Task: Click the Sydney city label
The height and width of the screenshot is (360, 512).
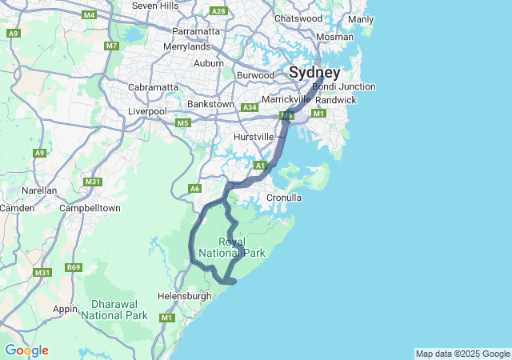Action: click(314, 72)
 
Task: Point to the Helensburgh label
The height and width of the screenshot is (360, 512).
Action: click(185, 296)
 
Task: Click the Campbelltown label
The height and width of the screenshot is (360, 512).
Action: click(90, 208)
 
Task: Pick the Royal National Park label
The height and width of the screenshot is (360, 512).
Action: click(231, 247)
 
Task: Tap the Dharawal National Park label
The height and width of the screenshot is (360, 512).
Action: click(119, 310)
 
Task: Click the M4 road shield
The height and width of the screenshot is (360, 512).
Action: click(90, 15)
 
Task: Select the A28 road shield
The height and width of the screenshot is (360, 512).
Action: click(218, 11)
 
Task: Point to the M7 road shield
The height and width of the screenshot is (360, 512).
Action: click(111, 46)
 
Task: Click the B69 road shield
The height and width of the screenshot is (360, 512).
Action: click(74, 267)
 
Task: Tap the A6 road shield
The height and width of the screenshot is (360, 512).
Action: click(194, 189)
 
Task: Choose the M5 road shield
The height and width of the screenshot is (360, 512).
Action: click(183, 123)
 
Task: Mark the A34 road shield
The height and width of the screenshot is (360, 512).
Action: click(250, 107)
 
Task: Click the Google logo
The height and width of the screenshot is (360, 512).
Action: click(26, 350)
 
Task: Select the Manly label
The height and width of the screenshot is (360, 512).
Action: click(361, 19)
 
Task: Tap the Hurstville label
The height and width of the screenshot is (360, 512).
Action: click(254, 137)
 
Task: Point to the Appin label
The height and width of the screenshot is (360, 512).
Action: click(66, 309)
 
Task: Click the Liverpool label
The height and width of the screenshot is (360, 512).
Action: click(147, 111)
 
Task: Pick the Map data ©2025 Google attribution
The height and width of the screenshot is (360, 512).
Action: click(462, 354)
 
